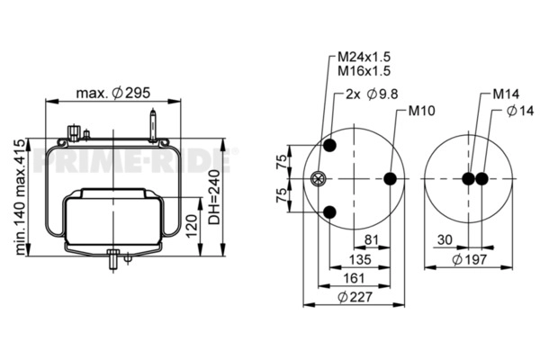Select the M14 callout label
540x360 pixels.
505,94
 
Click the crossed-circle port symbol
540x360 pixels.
316,179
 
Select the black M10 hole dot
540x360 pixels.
390,179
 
